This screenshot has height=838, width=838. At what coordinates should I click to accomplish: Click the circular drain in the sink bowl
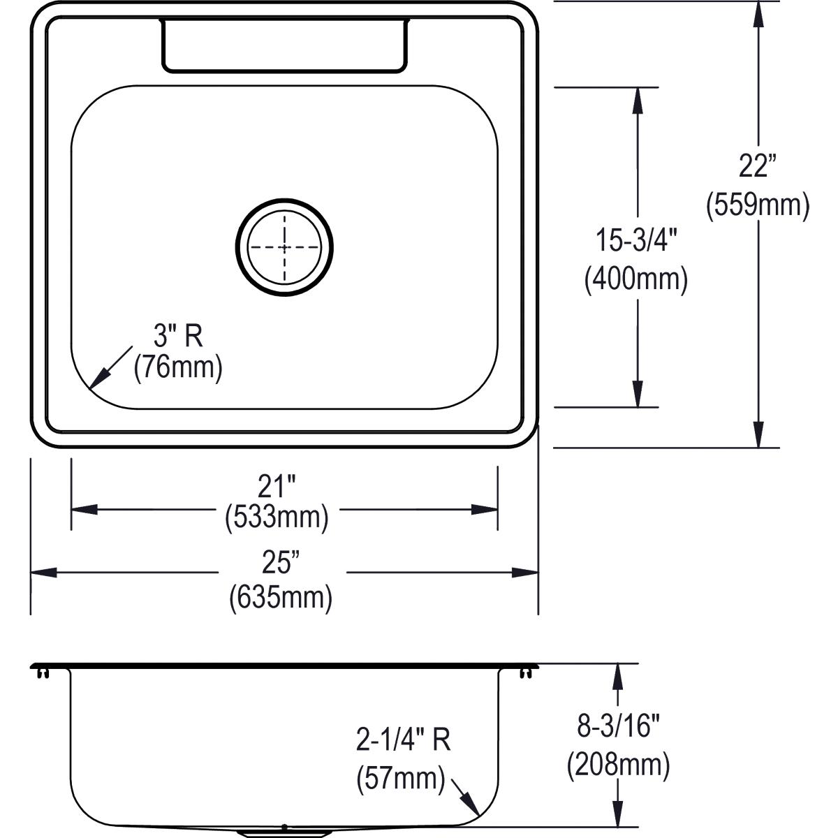284,247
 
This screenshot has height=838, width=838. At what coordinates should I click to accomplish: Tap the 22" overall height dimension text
758,167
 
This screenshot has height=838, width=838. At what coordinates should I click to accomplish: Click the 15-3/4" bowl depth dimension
636,241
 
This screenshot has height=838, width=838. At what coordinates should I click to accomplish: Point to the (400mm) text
636,279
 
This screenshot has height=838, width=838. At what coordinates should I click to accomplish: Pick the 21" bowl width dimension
277,486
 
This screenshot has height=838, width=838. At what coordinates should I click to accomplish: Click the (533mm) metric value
277,517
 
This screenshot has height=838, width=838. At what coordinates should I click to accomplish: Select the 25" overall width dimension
281,562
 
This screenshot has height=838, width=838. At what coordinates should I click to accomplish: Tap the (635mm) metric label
281,597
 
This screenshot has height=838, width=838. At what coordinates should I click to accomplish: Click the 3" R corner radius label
178,337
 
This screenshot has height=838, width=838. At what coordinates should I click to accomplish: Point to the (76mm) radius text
178,367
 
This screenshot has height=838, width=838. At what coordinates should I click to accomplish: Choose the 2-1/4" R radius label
403,740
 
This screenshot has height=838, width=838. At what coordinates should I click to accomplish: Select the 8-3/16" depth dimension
618,727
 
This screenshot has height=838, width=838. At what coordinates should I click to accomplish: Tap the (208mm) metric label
618,765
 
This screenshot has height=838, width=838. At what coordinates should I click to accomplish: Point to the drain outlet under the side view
284,832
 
